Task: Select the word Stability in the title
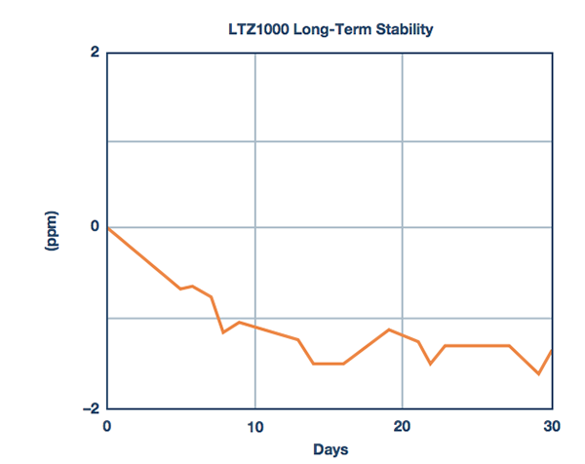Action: coord(398,29)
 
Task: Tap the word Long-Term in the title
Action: coord(327,29)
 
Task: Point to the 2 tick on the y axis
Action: coord(95,52)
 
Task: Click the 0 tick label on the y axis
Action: coord(95,227)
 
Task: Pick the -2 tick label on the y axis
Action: coord(91,408)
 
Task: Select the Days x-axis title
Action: coord(331,449)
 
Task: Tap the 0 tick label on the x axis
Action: coord(107,426)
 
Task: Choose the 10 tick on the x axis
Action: coord(255,426)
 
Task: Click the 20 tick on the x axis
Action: coord(403,426)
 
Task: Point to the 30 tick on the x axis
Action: coord(551,426)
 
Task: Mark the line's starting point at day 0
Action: coord(108,228)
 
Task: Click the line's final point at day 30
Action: coord(552,350)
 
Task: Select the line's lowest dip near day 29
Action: coord(538,373)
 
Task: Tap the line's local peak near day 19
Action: coord(389,329)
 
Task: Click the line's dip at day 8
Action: coord(223,332)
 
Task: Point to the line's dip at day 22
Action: coord(431,364)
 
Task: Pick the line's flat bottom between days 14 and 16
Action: coord(328,364)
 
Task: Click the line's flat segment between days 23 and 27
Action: coord(477,345)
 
